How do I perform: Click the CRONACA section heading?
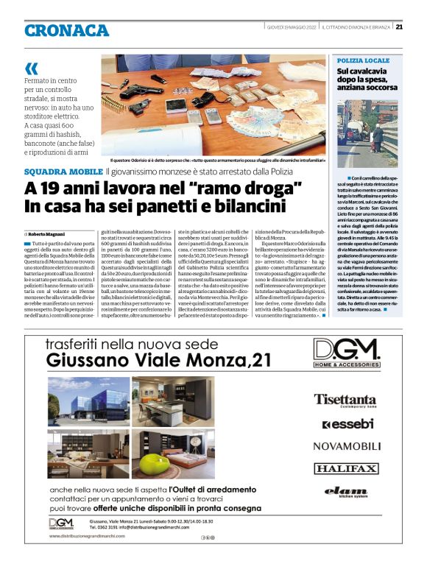point(66,30)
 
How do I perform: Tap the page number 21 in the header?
point(398,27)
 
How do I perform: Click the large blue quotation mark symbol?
point(30,68)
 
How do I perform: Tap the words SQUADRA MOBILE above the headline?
point(63,172)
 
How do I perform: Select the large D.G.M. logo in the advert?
point(346,350)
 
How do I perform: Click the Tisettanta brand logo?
point(345,400)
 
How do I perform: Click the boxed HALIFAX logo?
point(345,468)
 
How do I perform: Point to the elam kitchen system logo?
point(345,492)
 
